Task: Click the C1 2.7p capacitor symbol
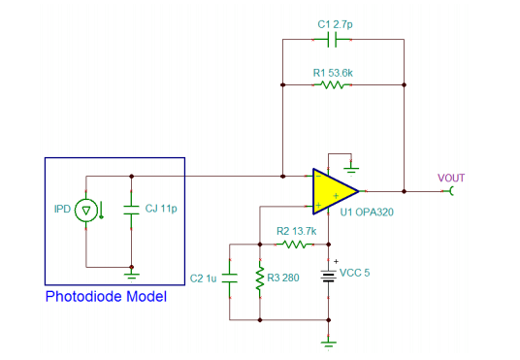[332, 40]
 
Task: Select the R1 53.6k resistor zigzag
[333, 85]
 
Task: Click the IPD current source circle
[86, 211]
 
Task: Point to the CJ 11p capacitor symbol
[131, 210]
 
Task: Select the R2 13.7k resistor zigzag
[295, 245]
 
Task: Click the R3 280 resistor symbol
[260, 278]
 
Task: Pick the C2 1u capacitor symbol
[230, 278]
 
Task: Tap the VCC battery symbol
[328, 276]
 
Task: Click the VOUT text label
[451, 179]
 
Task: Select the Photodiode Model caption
[106, 296]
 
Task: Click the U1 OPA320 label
[367, 212]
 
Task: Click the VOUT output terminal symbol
[450, 191]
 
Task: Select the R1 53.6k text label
[333, 73]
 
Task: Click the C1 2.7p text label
[335, 24]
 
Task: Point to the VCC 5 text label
[355, 273]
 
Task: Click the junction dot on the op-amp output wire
[404, 191]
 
